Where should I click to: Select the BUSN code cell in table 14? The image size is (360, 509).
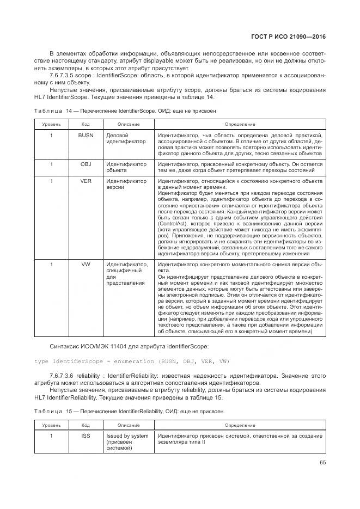point(86,135)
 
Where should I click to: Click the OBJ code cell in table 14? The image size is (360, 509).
point(86,164)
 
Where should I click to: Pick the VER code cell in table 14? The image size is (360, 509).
point(86,181)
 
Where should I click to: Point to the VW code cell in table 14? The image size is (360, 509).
point(86,264)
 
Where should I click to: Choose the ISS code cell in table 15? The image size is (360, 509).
point(86,436)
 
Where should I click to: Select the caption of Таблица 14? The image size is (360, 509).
point(125,111)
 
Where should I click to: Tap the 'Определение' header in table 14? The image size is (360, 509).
point(240,124)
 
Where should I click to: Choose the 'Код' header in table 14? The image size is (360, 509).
point(86,124)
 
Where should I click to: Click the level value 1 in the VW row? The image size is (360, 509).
point(52,264)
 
